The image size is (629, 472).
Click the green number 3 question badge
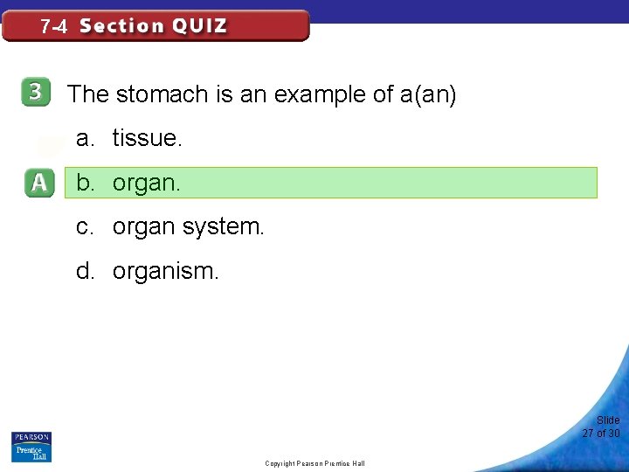(x=36, y=94)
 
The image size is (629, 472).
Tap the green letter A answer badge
(x=39, y=183)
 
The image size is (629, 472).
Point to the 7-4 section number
(x=53, y=27)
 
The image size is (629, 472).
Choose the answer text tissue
(x=148, y=138)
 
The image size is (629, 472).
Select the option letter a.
(x=85, y=138)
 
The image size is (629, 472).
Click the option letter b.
(x=85, y=183)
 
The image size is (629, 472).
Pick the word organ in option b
(x=146, y=184)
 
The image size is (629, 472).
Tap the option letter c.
(x=85, y=227)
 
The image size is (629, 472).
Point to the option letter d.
(x=85, y=271)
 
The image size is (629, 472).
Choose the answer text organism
(x=166, y=272)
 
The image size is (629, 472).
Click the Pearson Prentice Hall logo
(x=31, y=446)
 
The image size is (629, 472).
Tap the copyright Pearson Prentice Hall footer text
(x=314, y=463)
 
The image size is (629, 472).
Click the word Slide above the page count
(x=608, y=420)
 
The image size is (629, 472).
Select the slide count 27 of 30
(x=601, y=434)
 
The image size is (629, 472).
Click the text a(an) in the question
(x=428, y=94)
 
